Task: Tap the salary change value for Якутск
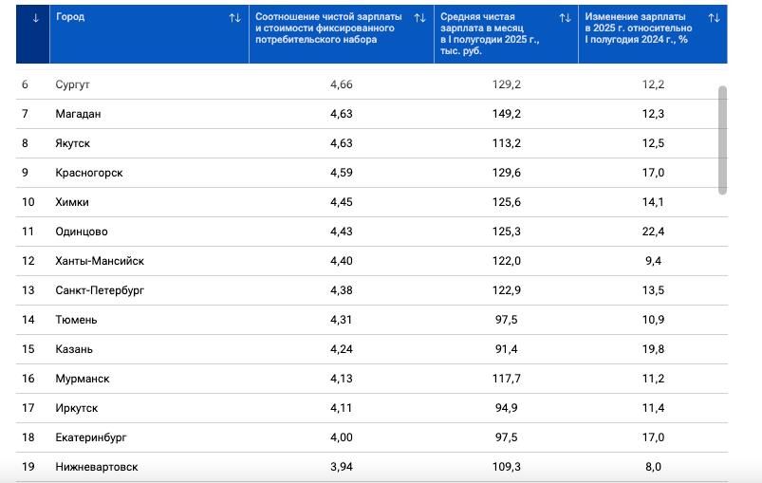point(653,143)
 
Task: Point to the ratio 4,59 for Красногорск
point(342,173)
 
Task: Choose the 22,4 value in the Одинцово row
point(653,232)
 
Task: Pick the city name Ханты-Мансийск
point(100,261)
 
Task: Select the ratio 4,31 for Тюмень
point(342,320)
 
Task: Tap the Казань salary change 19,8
point(653,349)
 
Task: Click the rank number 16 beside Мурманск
point(28,379)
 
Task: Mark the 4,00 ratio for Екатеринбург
point(342,437)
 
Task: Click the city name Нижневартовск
point(97,467)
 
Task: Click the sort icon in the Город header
point(234,18)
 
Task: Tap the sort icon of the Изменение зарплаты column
point(714,18)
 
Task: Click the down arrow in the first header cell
point(36,18)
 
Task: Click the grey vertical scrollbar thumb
point(722,139)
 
